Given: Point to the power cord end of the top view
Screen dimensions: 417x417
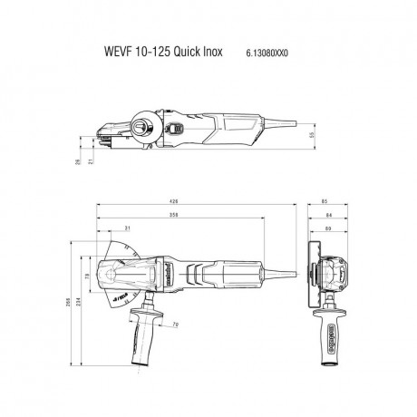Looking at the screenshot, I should click(x=292, y=268).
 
